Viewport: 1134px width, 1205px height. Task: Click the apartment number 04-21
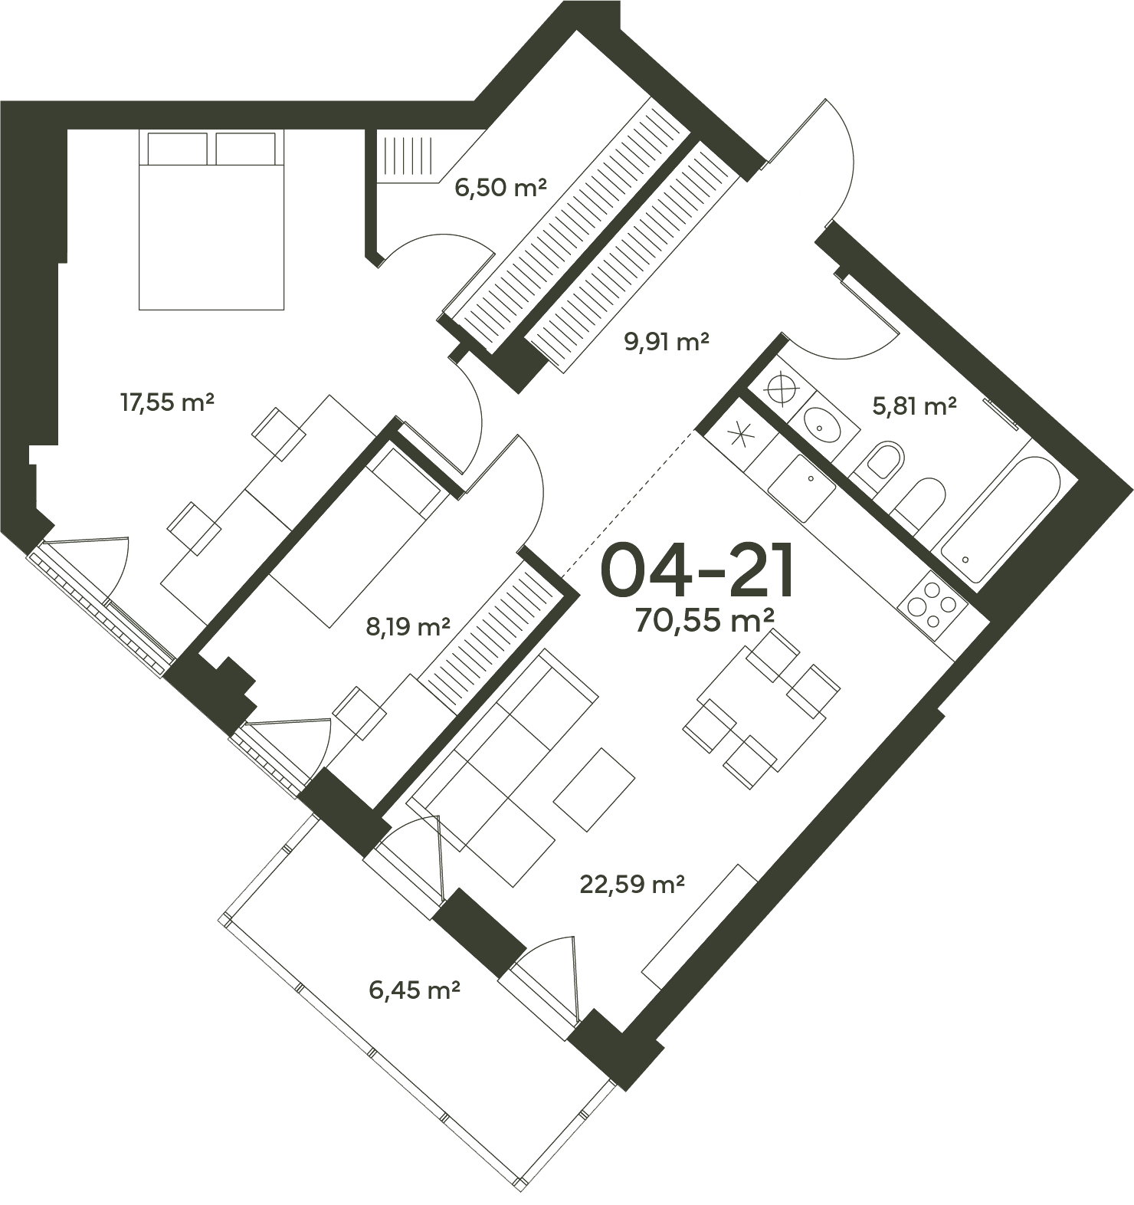[x=696, y=571]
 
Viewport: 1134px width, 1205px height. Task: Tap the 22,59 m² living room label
[x=632, y=885]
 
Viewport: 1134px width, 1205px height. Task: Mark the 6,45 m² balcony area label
[x=415, y=990]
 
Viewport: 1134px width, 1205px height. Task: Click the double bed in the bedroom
[x=211, y=220]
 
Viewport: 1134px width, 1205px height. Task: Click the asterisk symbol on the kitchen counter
[x=739, y=435]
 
